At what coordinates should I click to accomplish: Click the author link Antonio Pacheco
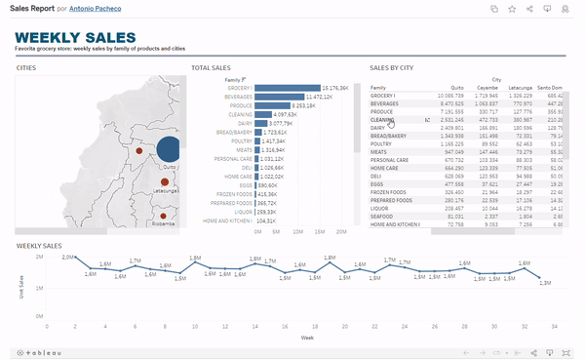coord(97,8)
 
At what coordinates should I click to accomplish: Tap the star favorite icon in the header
coord(512,9)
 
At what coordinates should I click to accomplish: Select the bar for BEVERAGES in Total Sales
coord(279,98)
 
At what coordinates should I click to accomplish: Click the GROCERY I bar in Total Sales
coord(288,88)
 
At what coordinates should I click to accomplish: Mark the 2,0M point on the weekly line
coord(67,263)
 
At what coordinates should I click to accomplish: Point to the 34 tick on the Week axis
coord(553,327)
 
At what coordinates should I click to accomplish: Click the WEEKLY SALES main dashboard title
coord(73,37)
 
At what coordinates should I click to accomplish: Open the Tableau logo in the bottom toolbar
coord(39,352)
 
